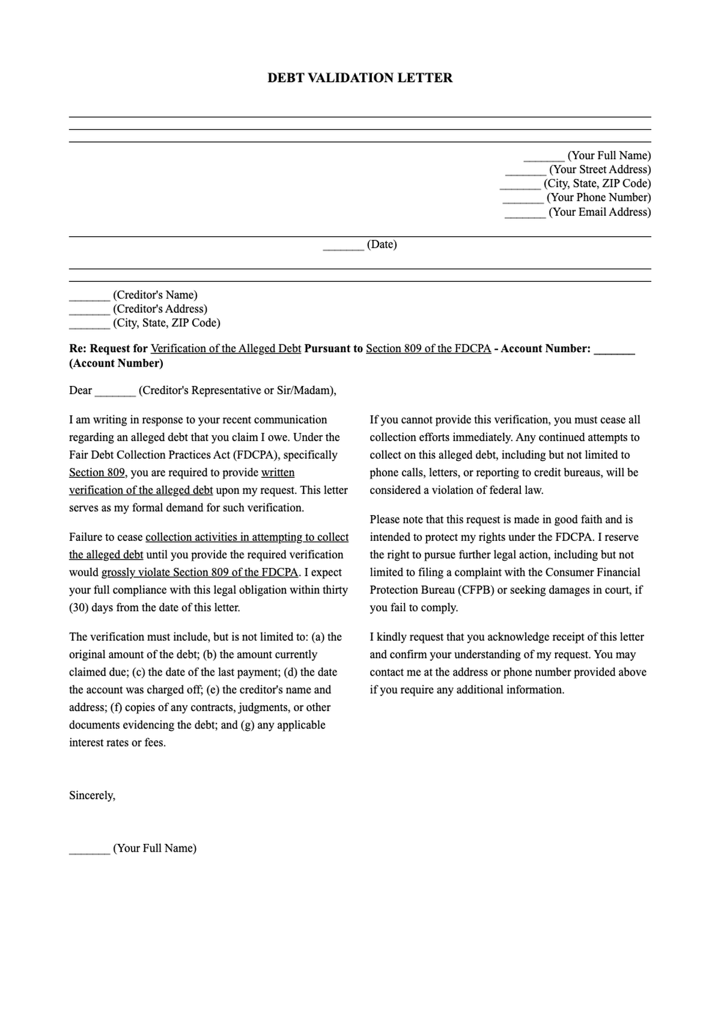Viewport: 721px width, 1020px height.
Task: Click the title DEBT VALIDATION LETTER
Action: pos(360,78)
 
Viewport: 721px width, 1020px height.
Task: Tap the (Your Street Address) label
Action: pos(600,169)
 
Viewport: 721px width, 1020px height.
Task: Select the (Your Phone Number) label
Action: pos(598,197)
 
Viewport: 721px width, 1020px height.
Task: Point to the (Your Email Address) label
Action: pos(600,212)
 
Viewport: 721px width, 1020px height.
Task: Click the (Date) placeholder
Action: pos(382,244)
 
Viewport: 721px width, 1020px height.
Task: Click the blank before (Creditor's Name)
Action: pos(90,296)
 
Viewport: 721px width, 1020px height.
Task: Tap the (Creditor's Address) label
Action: pos(160,309)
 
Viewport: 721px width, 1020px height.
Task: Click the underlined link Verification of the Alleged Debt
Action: pos(225,349)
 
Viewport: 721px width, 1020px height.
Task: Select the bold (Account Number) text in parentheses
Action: pos(116,363)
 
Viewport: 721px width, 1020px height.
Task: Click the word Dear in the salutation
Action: pos(81,391)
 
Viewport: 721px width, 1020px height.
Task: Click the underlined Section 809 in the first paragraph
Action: pos(97,472)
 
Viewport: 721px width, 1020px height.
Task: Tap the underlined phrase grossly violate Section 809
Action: pos(199,572)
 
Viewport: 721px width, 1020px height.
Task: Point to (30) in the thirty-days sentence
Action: pos(79,608)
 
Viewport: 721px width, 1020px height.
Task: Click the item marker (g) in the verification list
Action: pos(248,725)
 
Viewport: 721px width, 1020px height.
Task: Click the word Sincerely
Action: pos(92,796)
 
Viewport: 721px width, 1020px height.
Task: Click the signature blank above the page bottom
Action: pos(90,849)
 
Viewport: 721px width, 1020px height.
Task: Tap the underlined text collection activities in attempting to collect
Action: pos(247,537)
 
